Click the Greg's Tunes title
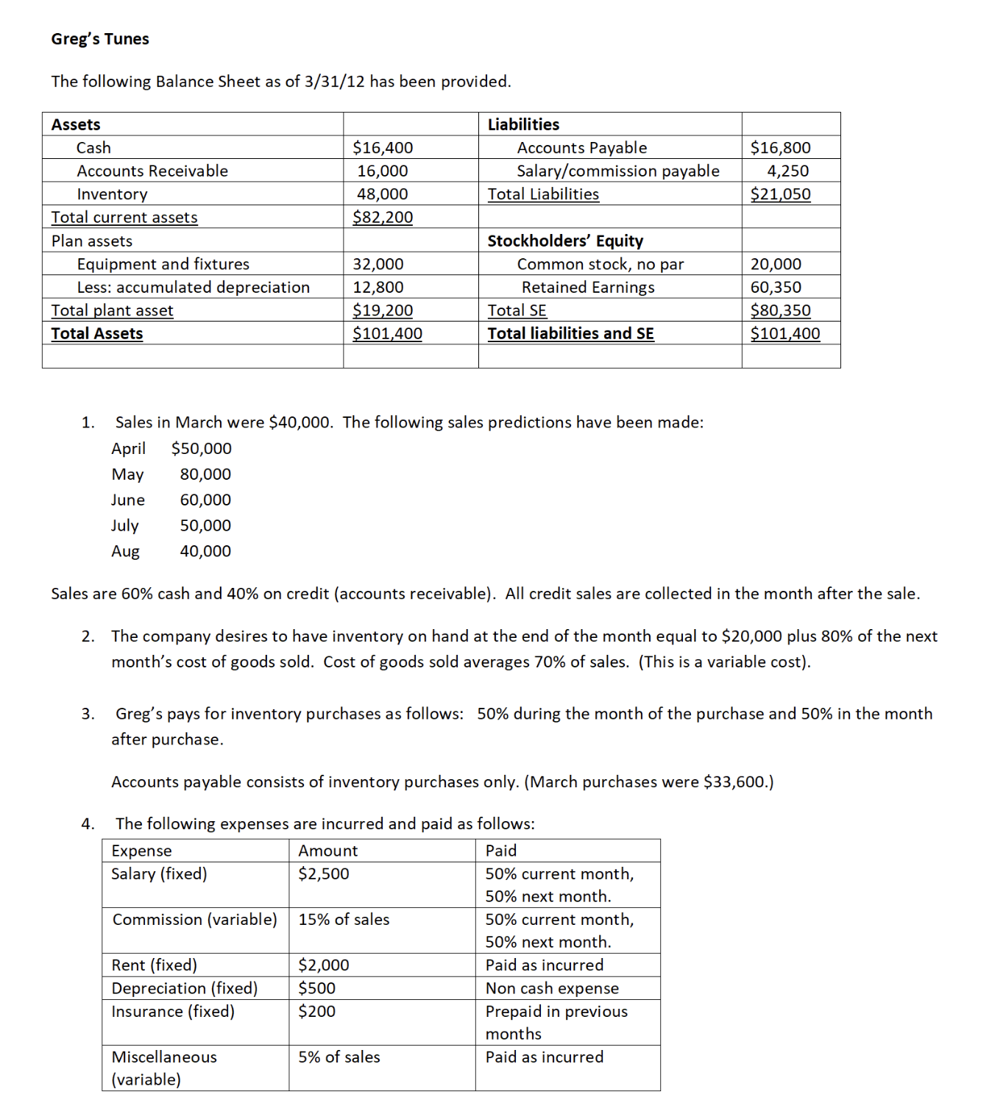click(x=100, y=39)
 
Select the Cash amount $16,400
click(x=383, y=148)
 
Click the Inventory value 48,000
click(x=383, y=194)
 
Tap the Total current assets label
click(x=124, y=218)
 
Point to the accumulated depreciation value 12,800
click(x=378, y=288)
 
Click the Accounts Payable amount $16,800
click(x=780, y=148)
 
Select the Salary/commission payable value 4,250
click(x=787, y=171)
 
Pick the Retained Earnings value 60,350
click(x=776, y=288)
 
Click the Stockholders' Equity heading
click(x=565, y=241)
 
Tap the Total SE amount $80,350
click(x=780, y=311)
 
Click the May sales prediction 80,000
click(x=205, y=475)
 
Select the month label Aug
click(x=125, y=552)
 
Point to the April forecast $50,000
click(x=201, y=449)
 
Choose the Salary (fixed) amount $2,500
click(x=324, y=874)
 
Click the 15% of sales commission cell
click(x=344, y=920)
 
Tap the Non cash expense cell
click(x=552, y=989)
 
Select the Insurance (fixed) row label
click(x=173, y=1012)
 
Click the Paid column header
click(x=501, y=851)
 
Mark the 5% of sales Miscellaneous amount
click(x=339, y=1057)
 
